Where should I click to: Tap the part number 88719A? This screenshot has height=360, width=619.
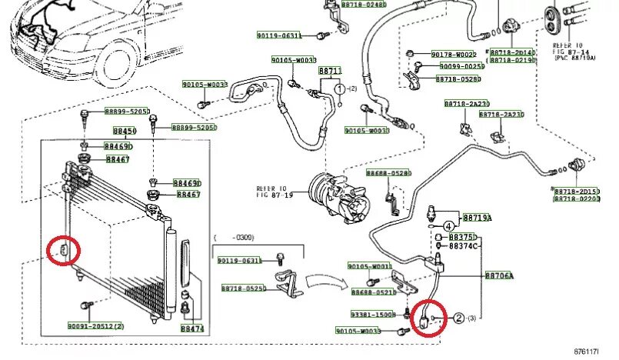click(477, 218)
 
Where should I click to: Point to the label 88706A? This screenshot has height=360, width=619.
click(499, 275)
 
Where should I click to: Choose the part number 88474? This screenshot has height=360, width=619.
click(192, 328)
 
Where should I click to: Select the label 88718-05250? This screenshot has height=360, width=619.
click(243, 288)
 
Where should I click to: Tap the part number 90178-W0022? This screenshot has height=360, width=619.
click(453, 55)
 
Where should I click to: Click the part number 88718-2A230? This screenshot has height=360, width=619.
click(466, 103)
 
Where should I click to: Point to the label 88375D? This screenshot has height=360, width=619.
click(463, 237)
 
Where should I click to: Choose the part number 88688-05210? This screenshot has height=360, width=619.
click(372, 292)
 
